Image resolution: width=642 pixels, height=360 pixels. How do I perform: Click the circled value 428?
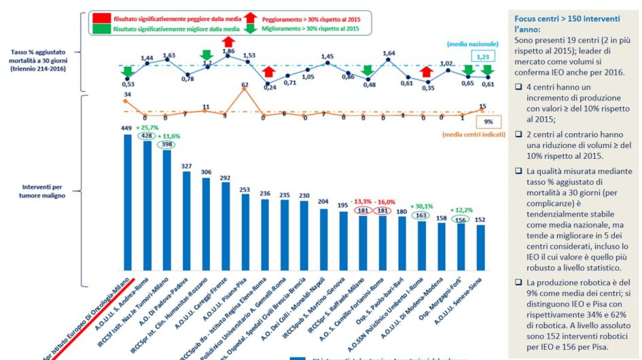(x=146, y=135)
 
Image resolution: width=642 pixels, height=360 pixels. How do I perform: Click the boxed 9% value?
(x=488, y=122)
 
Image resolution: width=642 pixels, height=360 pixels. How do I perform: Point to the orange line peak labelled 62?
(x=245, y=86)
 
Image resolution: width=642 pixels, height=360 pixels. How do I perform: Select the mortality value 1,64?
(x=389, y=53)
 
